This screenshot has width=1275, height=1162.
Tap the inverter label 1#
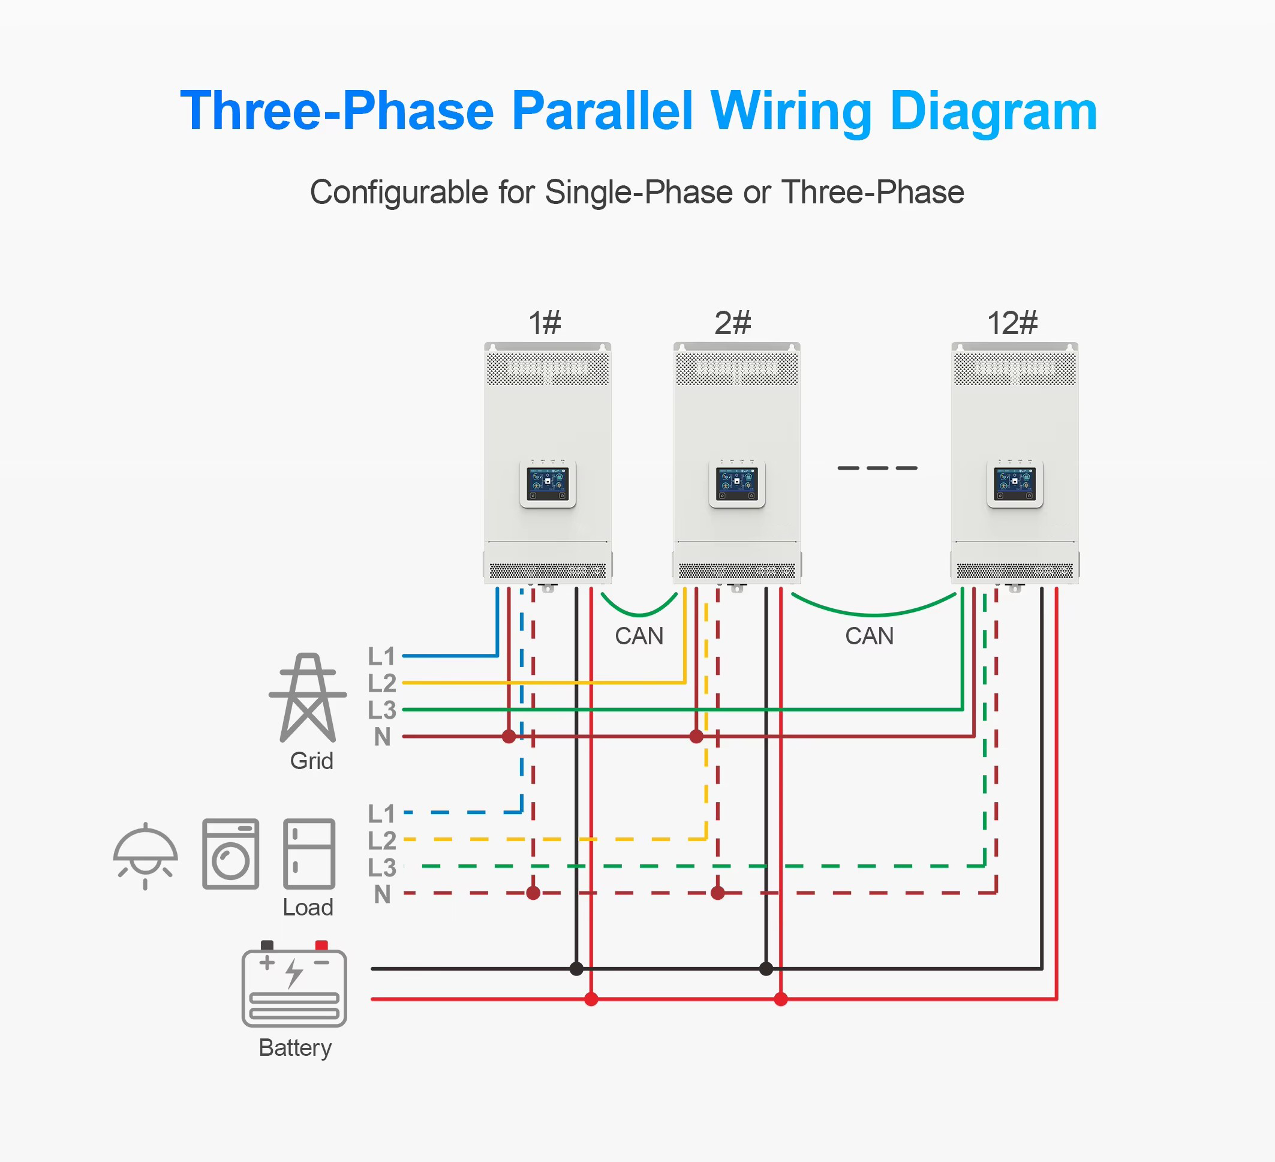pyautogui.click(x=545, y=323)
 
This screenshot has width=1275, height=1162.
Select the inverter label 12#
pyautogui.click(x=1012, y=323)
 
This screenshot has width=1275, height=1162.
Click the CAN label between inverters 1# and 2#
pyautogui.click(x=639, y=636)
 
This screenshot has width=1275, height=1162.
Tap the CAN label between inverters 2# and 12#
pyautogui.click(x=870, y=636)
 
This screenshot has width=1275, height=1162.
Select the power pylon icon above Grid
pyautogui.click(x=308, y=697)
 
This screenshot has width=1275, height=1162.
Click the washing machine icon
pyautogui.click(x=231, y=854)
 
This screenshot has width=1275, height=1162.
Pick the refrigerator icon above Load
pyautogui.click(x=309, y=854)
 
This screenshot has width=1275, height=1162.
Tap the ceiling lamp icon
pyautogui.click(x=146, y=856)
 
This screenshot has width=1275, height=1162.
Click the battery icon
pyautogui.click(x=294, y=984)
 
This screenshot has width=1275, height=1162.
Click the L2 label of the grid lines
pyautogui.click(x=382, y=683)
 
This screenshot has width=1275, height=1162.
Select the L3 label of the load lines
pyautogui.click(x=382, y=867)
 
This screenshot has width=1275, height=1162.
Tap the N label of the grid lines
pyautogui.click(x=382, y=736)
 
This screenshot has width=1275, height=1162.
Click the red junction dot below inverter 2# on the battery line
pyautogui.click(x=781, y=999)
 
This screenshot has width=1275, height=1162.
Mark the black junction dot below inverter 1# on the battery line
pyautogui.click(x=576, y=968)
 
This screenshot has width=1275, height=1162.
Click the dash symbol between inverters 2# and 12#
pyautogui.click(x=877, y=468)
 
